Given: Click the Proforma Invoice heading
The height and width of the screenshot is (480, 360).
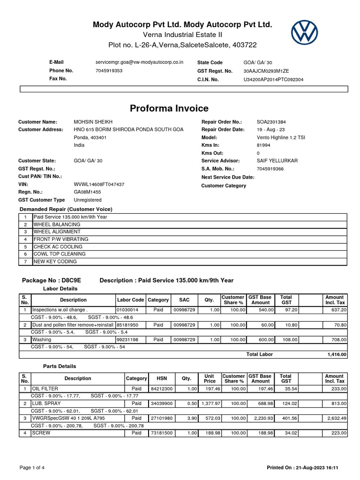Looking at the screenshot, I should coord(169,108).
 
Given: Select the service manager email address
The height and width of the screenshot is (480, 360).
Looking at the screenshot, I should coord(139,62).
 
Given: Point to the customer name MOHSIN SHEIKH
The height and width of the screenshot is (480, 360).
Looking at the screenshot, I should coord(93,122).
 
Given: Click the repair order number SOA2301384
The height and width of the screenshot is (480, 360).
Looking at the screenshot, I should coord(272,122).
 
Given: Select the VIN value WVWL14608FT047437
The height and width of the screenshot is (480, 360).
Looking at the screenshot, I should coord(99,185).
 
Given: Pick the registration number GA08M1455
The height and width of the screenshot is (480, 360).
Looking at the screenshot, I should coord(87,192).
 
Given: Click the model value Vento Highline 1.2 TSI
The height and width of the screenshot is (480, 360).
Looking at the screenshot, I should coord(281,137).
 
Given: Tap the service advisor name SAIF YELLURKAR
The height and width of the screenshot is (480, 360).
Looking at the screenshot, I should coord(277,161).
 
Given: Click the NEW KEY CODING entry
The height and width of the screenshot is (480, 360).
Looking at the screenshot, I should coord(55,262).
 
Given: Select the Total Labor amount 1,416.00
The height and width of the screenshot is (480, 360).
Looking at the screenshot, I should coord(337,355).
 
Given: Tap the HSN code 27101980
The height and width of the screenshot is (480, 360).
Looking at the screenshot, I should coord(161,418).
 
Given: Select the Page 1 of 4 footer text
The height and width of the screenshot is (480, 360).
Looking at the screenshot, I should coord(32,467).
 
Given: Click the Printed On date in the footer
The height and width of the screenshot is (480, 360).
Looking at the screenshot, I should coord(302,467).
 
